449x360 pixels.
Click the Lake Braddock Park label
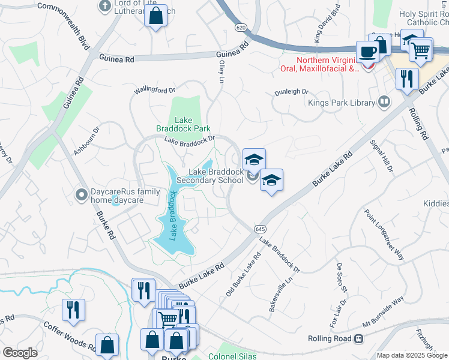(184, 124)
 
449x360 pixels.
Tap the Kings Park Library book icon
(382, 102)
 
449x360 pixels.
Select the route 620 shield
(241, 28)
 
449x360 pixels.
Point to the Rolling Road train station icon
(358, 338)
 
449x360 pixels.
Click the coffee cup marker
(367, 52)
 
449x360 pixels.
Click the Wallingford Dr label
(155, 90)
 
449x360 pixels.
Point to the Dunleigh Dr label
(291, 92)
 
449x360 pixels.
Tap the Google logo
(20, 353)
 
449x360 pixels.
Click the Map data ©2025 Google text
(412, 355)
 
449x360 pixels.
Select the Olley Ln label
(221, 71)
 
